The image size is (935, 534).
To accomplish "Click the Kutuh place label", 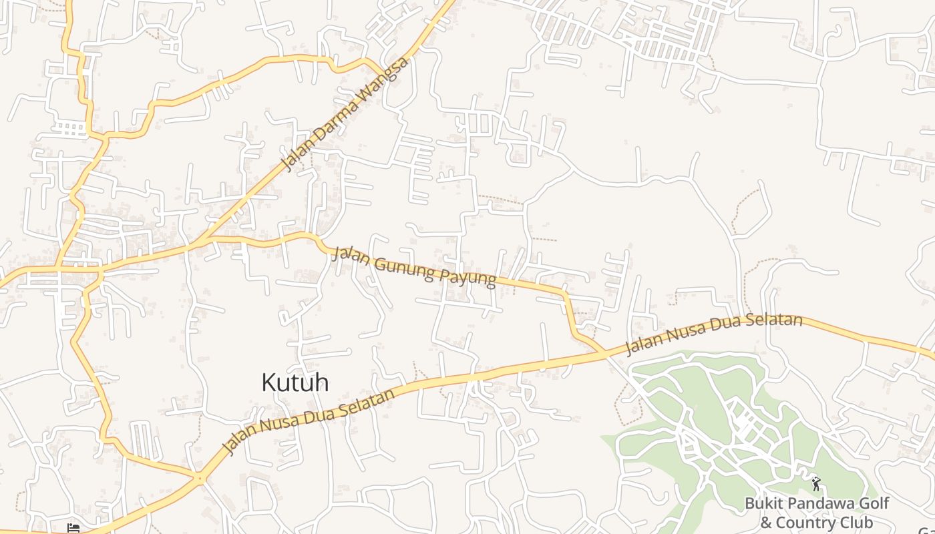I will (295, 382).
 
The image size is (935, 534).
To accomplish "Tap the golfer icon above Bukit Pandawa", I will (815, 483).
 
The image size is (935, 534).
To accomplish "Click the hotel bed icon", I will (74, 528).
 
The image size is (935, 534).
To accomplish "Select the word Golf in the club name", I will (870, 503).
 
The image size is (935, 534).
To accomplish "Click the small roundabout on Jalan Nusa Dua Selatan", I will (199, 477).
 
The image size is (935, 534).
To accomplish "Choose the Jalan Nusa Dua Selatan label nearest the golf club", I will (713, 334).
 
